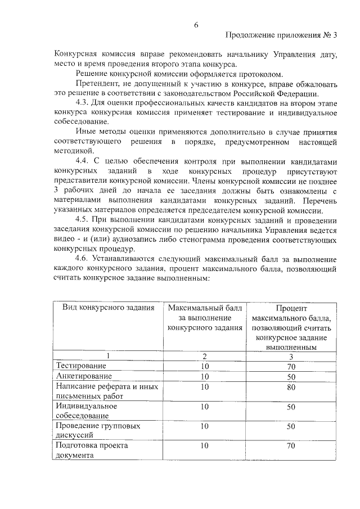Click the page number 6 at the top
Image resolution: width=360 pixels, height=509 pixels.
pos(196,24)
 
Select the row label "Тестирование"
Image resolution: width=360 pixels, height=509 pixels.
pos(80,366)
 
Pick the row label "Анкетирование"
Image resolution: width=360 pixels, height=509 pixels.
pos(83,376)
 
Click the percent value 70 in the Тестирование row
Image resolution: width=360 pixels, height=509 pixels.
pos(291,366)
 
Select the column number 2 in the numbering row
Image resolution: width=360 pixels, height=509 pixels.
pos(205,357)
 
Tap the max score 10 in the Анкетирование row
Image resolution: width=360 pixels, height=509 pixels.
pos(204,376)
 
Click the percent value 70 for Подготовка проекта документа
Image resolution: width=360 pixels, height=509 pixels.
pos(291,446)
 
